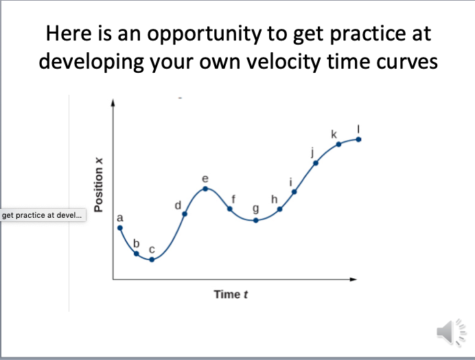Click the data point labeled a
pyautogui.click(x=120, y=228)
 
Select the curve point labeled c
pyautogui.click(x=152, y=260)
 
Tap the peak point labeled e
pyautogui.click(x=205, y=189)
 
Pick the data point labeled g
pyautogui.click(x=255, y=220)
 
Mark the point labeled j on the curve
pyautogui.click(x=316, y=163)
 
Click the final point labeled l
pyautogui.click(x=358, y=139)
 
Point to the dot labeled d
pyautogui.click(x=185, y=214)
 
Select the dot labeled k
pyautogui.click(x=338, y=144)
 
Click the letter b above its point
pyautogui.click(x=136, y=243)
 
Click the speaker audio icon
pyautogui.click(x=447, y=332)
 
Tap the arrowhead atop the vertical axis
pyautogui.click(x=113, y=102)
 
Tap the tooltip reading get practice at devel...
pyautogui.click(x=42, y=216)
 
